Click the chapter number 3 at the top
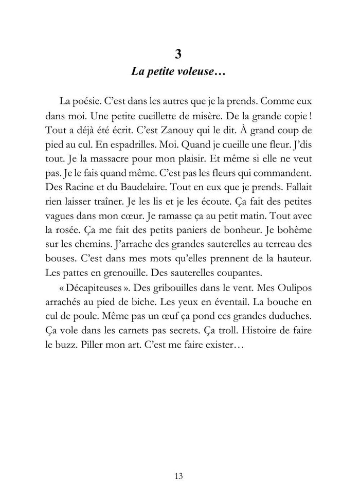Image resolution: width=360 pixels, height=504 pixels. point(179,55)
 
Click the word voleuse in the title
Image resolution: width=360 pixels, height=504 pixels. point(192,71)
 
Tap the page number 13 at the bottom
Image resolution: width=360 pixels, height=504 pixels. point(179,476)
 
